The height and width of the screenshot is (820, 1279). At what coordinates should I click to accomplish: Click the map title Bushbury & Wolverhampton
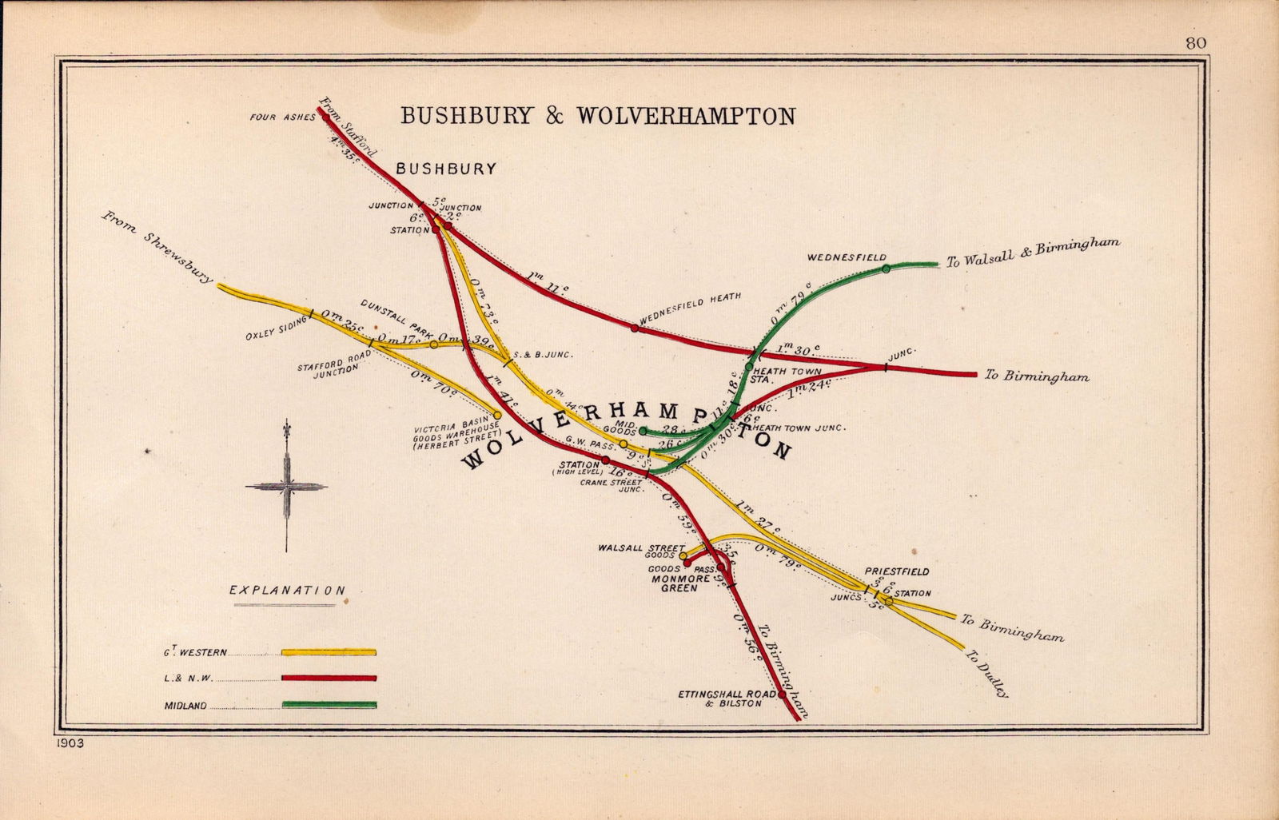coord(597,116)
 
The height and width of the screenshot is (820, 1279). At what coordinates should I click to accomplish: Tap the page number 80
coord(1196,43)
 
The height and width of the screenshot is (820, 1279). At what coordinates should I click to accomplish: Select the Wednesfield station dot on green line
coord(886,269)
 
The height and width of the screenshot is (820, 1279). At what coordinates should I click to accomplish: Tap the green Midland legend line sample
coord(329,705)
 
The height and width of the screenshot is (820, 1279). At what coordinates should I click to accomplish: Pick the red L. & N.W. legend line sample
coord(329,679)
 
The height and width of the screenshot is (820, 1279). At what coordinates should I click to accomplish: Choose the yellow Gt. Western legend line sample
coord(329,652)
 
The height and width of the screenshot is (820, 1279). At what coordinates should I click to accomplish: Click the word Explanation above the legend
coord(287,591)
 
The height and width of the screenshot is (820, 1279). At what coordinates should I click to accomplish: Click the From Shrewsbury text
coord(157,247)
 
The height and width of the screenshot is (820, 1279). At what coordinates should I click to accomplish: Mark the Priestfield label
coord(896,572)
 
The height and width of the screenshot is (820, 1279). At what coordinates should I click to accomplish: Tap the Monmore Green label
coord(673,583)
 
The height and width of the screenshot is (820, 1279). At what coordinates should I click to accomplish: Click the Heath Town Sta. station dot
coord(749,366)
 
